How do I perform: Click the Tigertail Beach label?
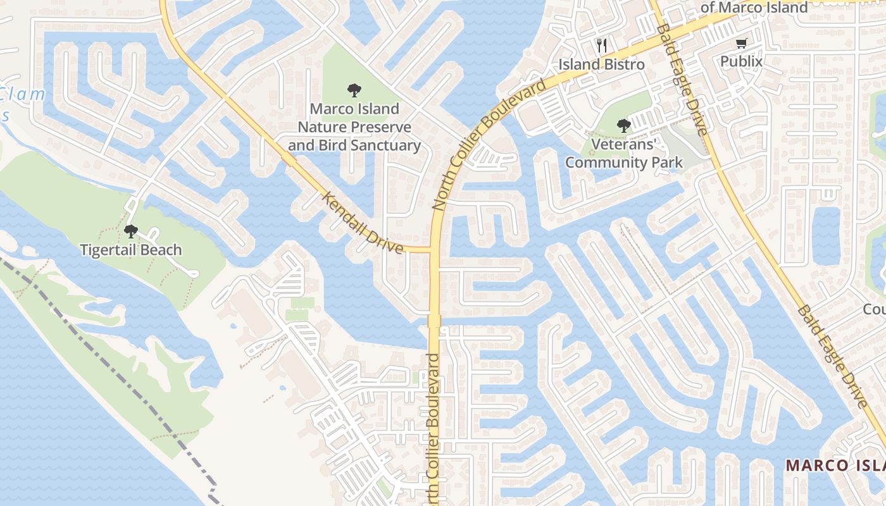pos(130,250)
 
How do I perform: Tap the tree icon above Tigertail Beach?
pos(130,231)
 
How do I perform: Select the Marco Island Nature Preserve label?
pos(354,127)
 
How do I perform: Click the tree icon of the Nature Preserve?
pos(354,90)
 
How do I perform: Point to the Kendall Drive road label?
pos(363,223)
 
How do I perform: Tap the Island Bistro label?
pos(601,65)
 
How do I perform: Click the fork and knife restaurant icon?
pos(601,46)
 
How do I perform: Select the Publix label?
pos(741,61)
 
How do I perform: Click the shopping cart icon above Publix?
pos(741,43)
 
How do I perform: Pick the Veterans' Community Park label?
pos(624,153)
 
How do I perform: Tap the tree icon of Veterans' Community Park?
pos(623,125)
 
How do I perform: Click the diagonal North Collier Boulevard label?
pos(489,144)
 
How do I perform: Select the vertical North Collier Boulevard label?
pos(434,430)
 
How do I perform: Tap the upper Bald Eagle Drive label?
pos(681,79)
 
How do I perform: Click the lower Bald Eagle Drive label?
pos(832,357)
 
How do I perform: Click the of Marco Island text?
pos(754,8)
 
